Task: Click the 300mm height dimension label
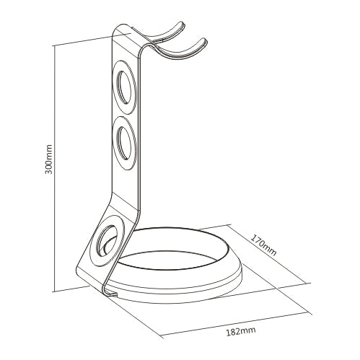tap(48, 159)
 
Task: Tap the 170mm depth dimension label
tap(264, 245)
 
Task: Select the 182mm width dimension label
tap(241, 331)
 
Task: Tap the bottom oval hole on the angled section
tap(107, 240)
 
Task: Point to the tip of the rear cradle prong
tap(182, 24)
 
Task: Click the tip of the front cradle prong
tap(204, 40)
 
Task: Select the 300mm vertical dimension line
tap(55, 168)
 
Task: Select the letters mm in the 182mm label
tap(248, 331)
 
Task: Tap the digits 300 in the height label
tap(48, 167)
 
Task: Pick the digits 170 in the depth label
tap(258, 240)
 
